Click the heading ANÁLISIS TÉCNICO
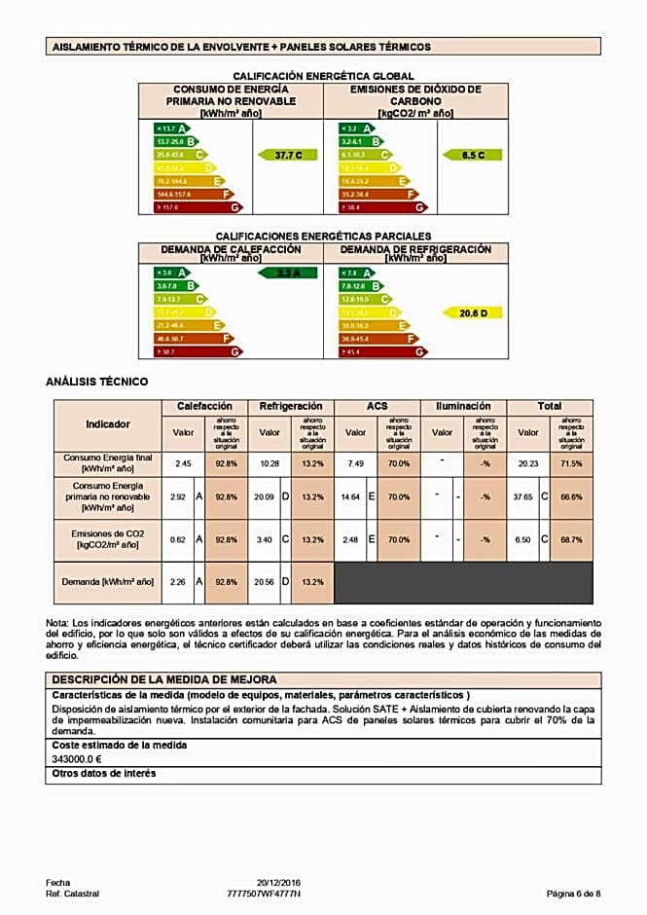[x=97, y=382]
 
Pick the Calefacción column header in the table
[x=204, y=406]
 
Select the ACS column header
[x=377, y=406]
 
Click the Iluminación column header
[x=463, y=406]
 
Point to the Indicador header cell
[x=107, y=424]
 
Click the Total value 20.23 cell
[x=527, y=464]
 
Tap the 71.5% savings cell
[x=571, y=464]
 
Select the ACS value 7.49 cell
[x=355, y=464]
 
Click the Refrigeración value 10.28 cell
[x=270, y=464]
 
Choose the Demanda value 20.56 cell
[x=264, y=582]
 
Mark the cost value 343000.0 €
[x=77, y=758]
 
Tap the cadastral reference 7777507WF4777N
[x=264, y=893]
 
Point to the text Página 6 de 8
[x=573, y=893]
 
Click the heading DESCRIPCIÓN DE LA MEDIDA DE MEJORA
[x=164, y=679]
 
